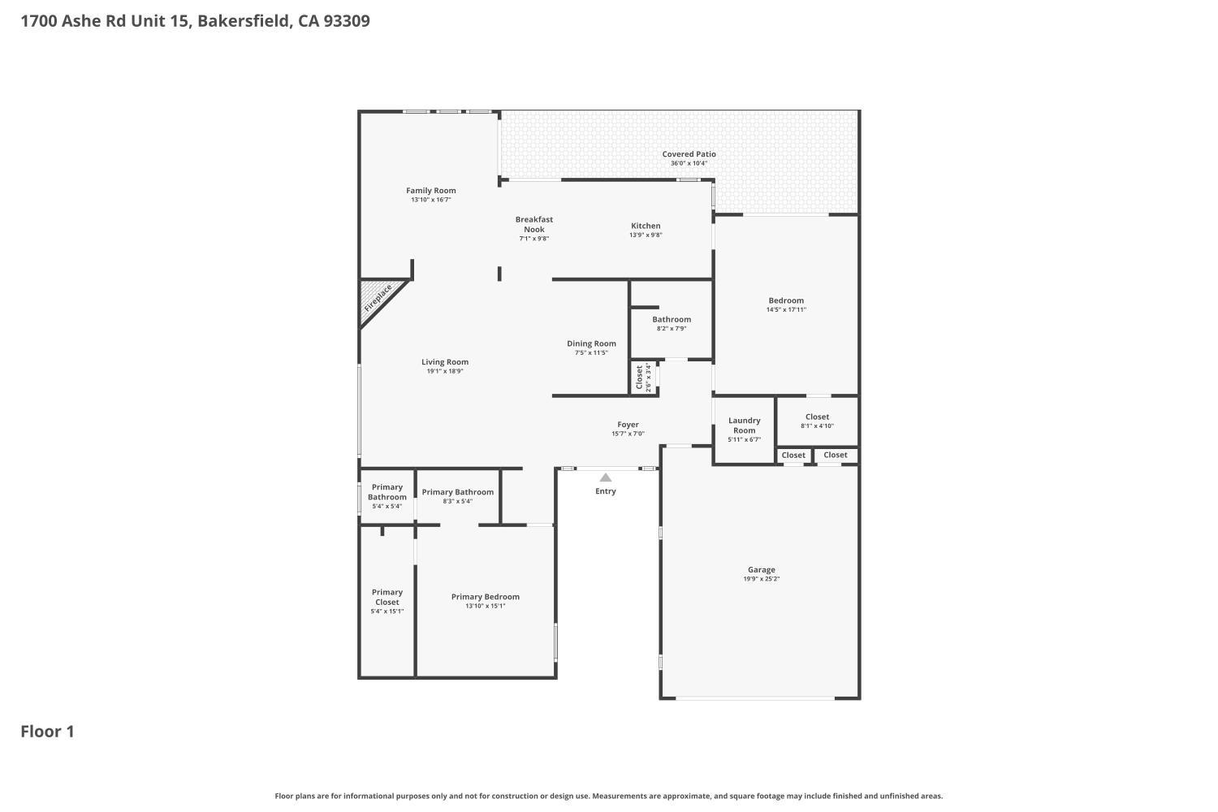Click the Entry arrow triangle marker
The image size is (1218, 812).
605,477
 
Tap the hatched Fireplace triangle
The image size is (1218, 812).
378,300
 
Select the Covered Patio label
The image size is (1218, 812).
689,154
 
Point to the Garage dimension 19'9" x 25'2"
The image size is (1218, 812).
762,579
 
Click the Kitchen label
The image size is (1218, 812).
646,226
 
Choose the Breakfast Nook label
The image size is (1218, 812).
534,224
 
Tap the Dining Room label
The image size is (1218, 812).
591,343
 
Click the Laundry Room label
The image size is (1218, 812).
744,425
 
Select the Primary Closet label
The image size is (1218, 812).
387,597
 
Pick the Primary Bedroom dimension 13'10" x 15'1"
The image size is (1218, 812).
485,606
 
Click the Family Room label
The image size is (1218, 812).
430,190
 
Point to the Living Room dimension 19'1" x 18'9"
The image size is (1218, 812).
445,371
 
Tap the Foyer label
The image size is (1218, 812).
628,424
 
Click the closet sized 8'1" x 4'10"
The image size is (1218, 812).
817,421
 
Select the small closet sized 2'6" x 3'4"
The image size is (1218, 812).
643,378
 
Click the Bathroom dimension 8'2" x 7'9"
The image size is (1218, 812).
672,329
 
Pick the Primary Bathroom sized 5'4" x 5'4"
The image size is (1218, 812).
387,497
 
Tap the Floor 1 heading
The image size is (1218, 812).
47,732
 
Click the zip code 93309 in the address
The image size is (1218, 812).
347,20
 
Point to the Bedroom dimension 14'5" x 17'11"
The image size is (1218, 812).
786,309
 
